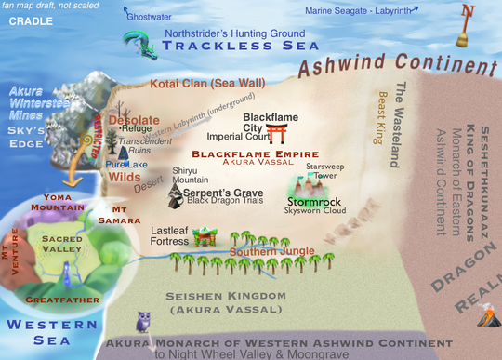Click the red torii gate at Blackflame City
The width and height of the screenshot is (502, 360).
click(276, 132)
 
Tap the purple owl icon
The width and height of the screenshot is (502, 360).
click(143, 322)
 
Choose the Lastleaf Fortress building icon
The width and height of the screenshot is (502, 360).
click(205, 238)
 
